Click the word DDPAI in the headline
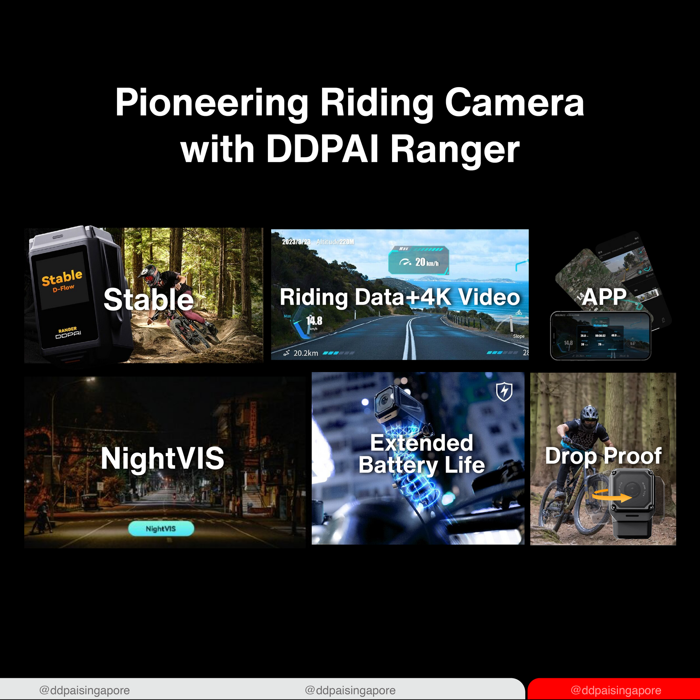point(322,150)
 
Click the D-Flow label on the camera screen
point(63,288)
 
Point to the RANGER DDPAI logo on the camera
point(68,333)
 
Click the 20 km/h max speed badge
point(419,262)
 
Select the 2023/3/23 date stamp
point(296,242)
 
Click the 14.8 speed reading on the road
point(314,320)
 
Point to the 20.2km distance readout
point(305,353)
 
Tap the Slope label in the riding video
point(518,336)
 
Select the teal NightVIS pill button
point(161,528)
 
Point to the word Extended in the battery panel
point(422,443)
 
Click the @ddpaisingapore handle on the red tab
point(616,690)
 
